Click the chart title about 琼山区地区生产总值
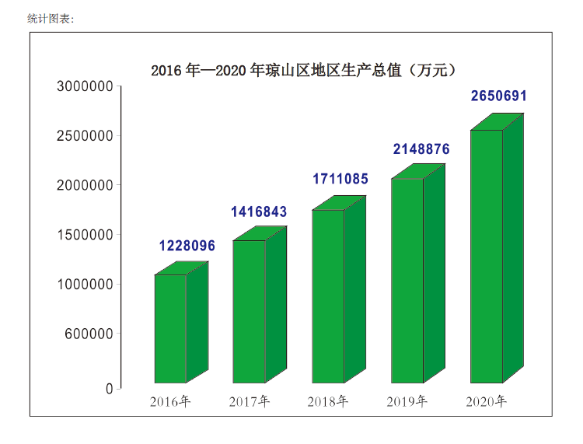[302, 71]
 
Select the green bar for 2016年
[170, 328]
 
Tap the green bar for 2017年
[249, 311]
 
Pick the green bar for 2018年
[328, 295]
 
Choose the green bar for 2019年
[407, 280]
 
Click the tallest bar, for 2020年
[487, 256]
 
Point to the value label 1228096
[187, 246]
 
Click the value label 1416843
[259, 212]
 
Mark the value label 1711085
[340, 179]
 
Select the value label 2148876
[421, 149]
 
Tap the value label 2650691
[499, 96]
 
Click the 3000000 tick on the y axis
[86, 86]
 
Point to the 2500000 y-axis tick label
[86, 135]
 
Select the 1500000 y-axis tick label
[86, 235]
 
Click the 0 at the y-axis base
[110, 387]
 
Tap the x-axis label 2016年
[170, 402]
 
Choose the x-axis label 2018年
[327, 402]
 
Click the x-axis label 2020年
[486, 402]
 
